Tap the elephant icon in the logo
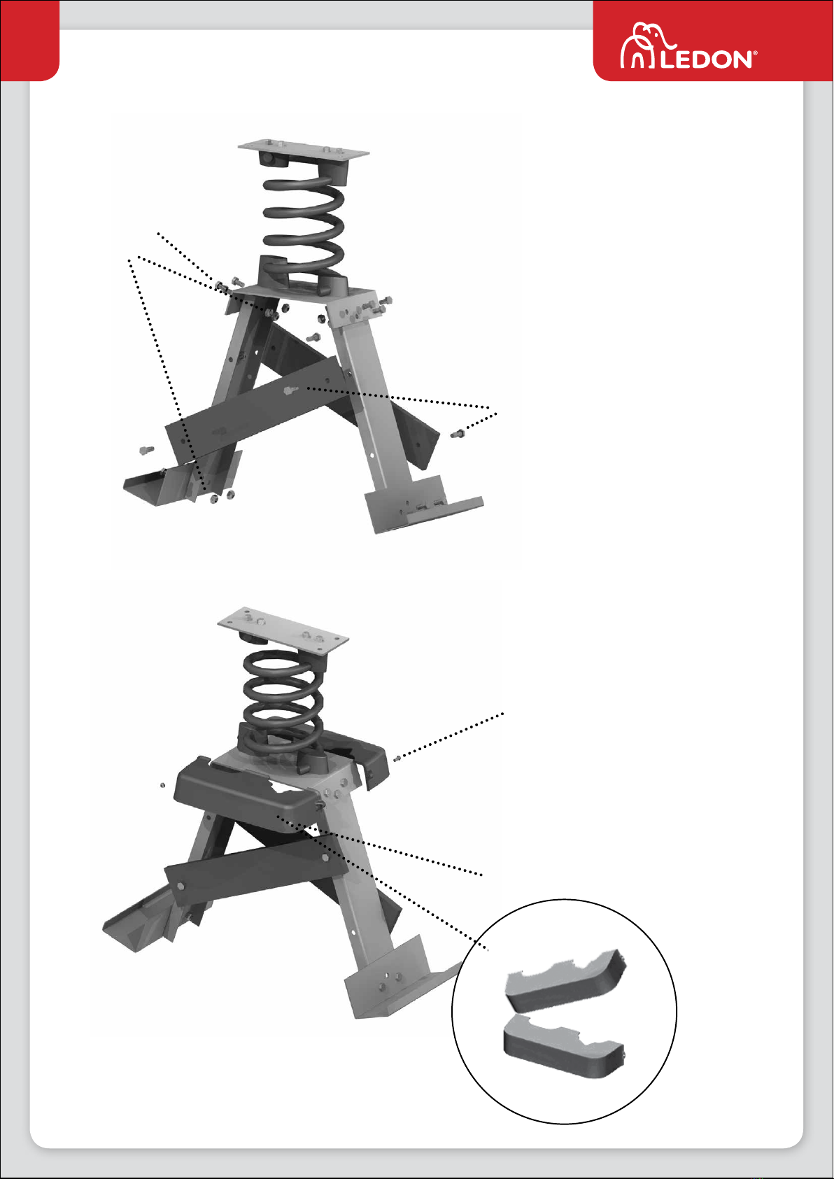[646, 45]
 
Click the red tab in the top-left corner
[29, 41]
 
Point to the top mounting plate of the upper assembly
[303, 150]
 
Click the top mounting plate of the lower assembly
[283, 630]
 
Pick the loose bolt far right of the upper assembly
[458, 434]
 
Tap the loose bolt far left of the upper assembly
[146, 450]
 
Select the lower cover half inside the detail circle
[564, 1046]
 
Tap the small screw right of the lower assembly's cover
[397, 758]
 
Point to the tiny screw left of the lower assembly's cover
[162, 785]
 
